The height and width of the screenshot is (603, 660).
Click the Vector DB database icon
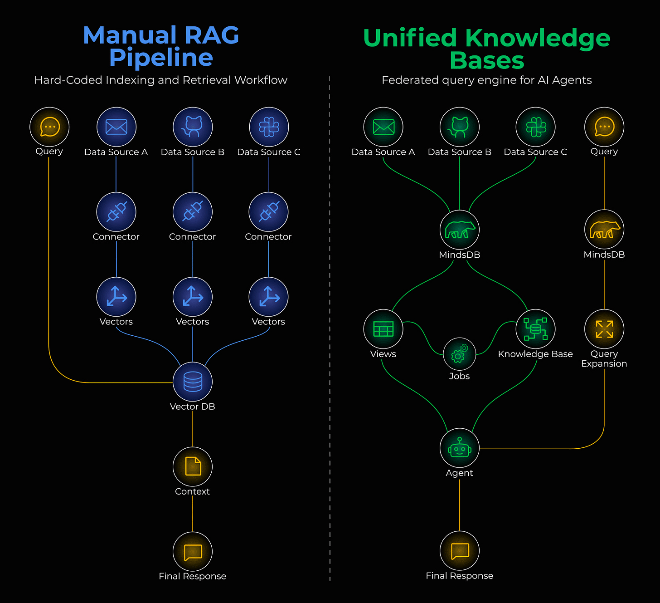pyautogui.click(x=193, y=382)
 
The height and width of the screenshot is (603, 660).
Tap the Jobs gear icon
pyautogui.click(x=459, y=354)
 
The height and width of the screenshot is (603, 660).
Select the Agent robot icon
pyautogui.click(x=460, y=448)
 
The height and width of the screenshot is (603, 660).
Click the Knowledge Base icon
pyautogui.click(x=535, y=329)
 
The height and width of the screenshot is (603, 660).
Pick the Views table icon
pyautogui.click(x=383, y=329)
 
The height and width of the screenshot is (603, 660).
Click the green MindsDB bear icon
pyautogui.click(x=460, y=230)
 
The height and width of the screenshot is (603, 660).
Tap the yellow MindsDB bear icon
pyautogui.click(x=604, y=230)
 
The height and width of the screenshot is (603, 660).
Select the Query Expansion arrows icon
pyautogui.click(x=604, y=329)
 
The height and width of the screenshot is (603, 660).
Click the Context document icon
pyautogui.click(x=193, y=466)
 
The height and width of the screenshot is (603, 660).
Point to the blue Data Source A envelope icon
pyautogui.click(x=116, y=127)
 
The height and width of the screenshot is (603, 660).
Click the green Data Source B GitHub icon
pyautogui.click(x=460, y=127)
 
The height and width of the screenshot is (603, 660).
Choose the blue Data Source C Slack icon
pyautogui.click(x=269, y=127)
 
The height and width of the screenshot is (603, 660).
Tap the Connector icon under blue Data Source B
pyautogui.click(x=193, y=212)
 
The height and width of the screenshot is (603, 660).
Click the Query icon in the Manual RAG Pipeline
pyautogui.click(x=49, y=127)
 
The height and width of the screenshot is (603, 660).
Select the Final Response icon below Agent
pyautogui.click(x=460, y=551)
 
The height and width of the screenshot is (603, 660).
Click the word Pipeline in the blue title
pyautogui.click(x=161, y=58)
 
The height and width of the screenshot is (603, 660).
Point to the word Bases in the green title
pyautogui.click(x=487, y=60)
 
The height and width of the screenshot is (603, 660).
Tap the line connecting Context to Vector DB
pyautogui.click(x=193, y=429)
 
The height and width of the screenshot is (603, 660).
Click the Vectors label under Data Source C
pyautogui.click(x=268, y=322)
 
